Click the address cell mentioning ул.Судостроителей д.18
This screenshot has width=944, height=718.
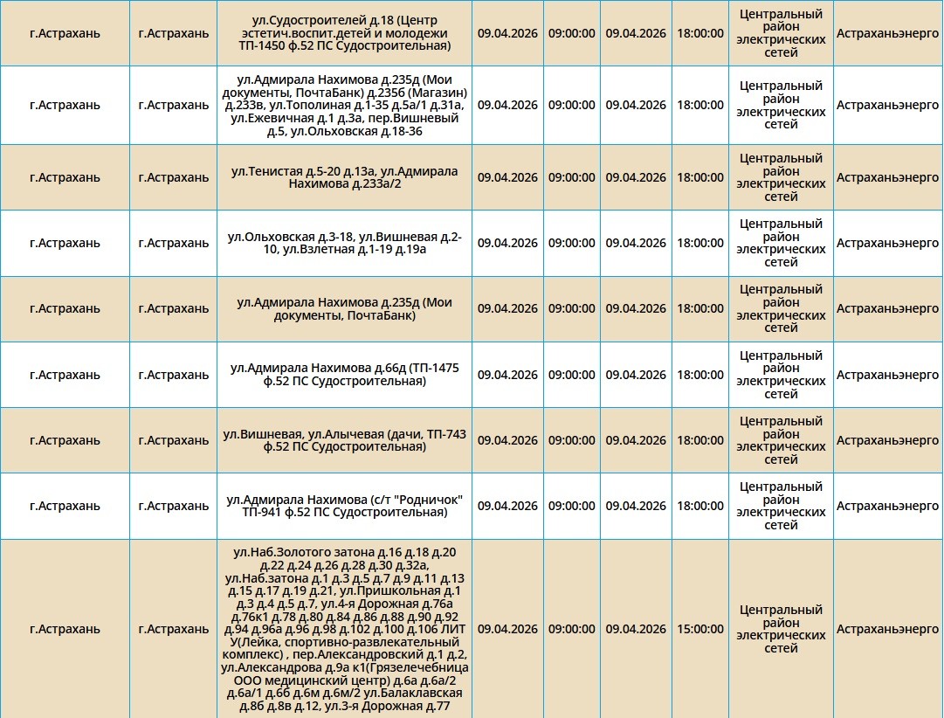click(x=344, y=33)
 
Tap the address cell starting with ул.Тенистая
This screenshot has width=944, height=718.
click(x=344, y=177)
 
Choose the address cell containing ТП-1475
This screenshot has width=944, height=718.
click(x=344, y=375)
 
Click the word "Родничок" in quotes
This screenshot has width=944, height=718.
click(x=431, y=500)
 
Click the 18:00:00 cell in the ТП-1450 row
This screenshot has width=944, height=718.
click(x=700, y=33)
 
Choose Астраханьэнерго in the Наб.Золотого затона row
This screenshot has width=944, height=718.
click(x=887, y=629)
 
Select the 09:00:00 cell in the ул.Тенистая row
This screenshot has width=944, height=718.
click(x=572, y=177)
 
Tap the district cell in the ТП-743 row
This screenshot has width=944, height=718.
click(x=781, y=440)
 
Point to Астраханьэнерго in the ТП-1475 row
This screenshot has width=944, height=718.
click(x=887, y=375)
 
